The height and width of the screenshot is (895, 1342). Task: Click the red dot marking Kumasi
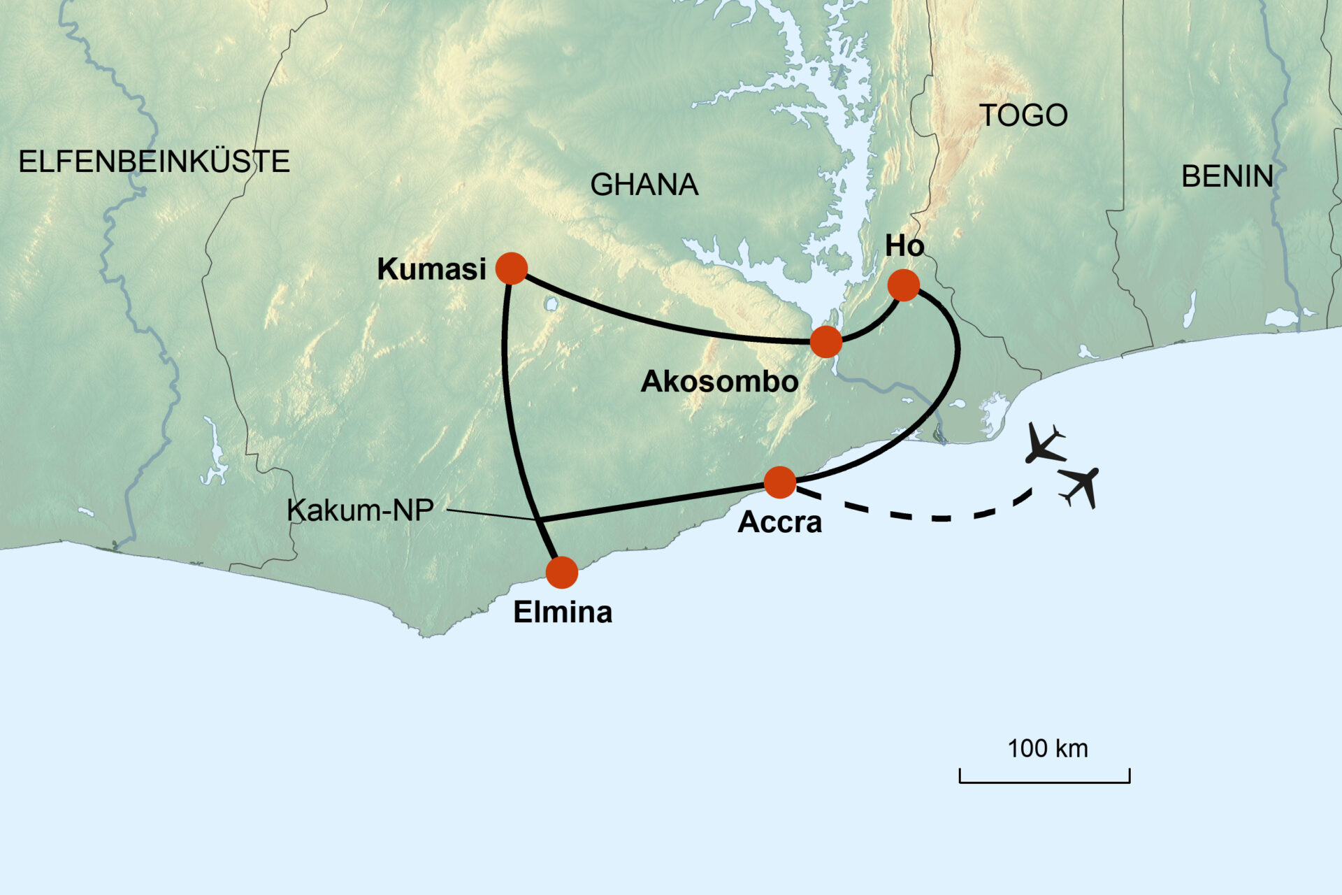pos(512,268)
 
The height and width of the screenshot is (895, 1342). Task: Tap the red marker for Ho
pos(903,285)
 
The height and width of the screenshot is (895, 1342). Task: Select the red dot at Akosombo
pos(826,342)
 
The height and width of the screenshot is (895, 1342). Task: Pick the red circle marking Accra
pos(780,482)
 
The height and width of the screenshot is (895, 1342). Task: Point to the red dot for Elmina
pos(562,573)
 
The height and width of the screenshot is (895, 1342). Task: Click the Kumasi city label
pos(431,269)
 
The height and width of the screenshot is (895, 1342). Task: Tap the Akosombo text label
pos(719,382)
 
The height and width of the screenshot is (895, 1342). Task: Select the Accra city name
pos(779,522)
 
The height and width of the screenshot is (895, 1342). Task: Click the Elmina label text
pos(563,613)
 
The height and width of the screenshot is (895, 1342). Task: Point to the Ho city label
pos(904,246)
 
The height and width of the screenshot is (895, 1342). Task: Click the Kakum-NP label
pos(360,510)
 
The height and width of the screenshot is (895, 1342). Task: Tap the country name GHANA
pos(644,185)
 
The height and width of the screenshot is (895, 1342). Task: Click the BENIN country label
pos(1227,177)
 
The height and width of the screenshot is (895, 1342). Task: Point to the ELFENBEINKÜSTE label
pos(154,162)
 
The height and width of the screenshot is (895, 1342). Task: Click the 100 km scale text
pos(1047,749)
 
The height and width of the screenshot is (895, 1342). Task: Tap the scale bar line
pos(1044,781)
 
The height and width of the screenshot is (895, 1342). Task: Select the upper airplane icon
pos(1044,445)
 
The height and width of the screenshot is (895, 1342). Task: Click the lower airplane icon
pos(1079,485)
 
